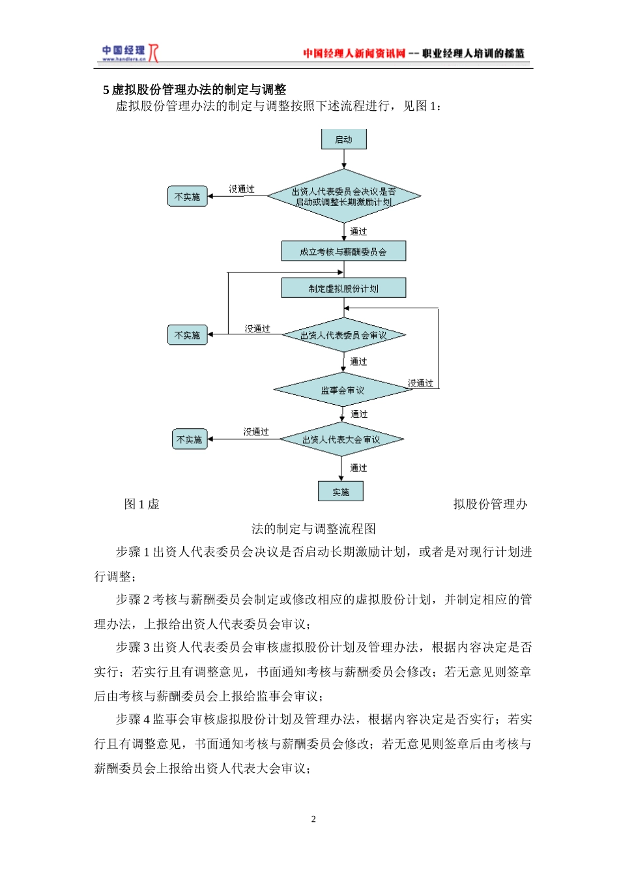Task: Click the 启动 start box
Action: tap(343, 139)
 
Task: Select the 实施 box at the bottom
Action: tap(340, 491)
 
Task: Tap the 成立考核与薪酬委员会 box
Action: tap(343, 252)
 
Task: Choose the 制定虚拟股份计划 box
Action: tap(343, 288)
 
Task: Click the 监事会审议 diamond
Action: tap(343, 390)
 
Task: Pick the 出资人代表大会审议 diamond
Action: tap(341, 440)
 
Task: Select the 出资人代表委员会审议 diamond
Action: tap(343, 335)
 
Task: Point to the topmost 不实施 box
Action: tap(188, 196)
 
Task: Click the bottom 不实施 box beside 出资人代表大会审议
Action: tap(190, 440)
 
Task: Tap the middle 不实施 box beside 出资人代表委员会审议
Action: tap(188, 335)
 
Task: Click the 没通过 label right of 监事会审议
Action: tap(421, 383)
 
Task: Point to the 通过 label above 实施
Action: tap(358, 468)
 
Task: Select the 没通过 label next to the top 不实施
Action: tap(242, 189)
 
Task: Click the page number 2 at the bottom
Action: tap(313, 819)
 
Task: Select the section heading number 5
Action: tap(106, 90)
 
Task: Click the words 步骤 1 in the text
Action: tap(133, 552)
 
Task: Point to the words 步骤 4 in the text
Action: tap(133, 720)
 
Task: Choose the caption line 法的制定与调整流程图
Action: tap(313, 529)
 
